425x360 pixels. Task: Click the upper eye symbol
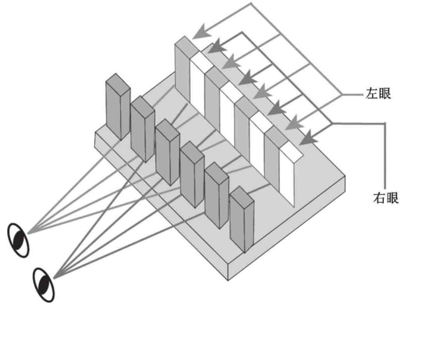pyautogui.click(x=19, y=240)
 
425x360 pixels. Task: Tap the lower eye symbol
pyautogui.click(x=44, y=284)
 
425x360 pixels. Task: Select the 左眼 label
pyautogui.click(x=378, y=93)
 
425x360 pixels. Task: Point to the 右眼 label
pyautogui.click(x=385, y=198)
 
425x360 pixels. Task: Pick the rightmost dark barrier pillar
pyautogui.click(x=241, y=219)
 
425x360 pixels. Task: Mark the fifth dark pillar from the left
pyautogui.click(x=217, y=197)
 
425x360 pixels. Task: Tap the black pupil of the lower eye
pyautogui.click(x=44, y=285)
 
